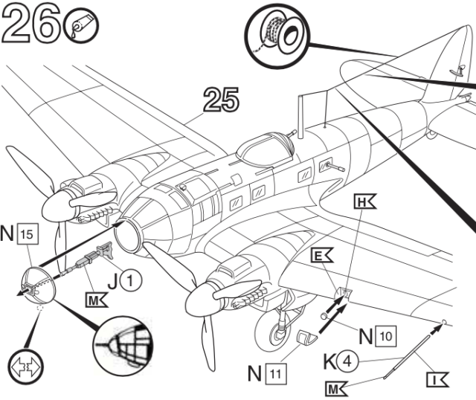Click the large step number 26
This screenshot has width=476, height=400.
(31, 23)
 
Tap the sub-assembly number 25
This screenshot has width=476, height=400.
(221, 100)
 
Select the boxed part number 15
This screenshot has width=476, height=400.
(28, 233)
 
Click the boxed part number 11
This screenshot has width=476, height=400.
(276, 374)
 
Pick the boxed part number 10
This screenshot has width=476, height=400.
(386, 336)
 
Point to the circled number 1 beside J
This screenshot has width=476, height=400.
(131, 280)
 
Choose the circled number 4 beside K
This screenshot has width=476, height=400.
(347, 361)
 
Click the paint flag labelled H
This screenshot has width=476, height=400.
(364, 201)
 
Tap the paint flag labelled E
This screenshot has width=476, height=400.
(321, 256)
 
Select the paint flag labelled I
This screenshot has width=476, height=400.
(437, 380)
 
